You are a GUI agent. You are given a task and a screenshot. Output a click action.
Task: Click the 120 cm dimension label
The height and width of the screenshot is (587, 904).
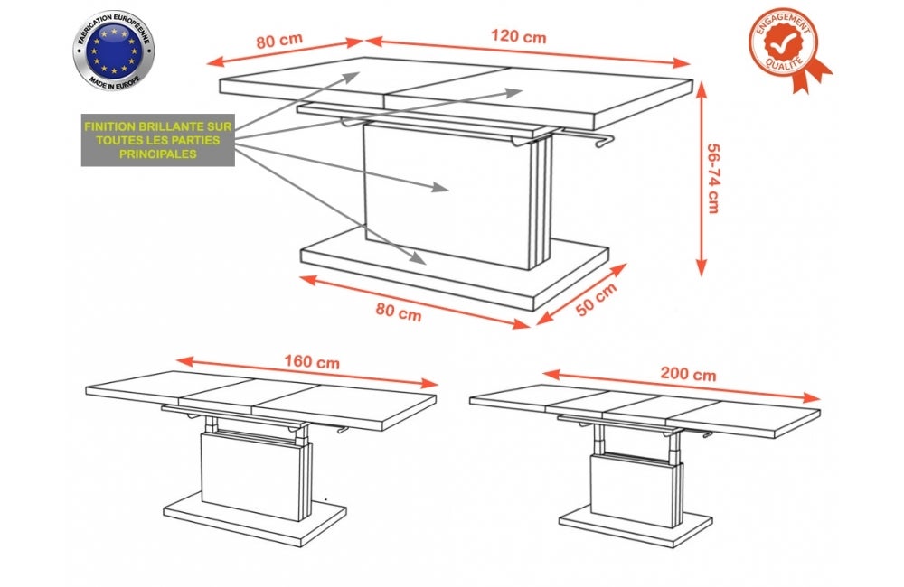click(520, 37)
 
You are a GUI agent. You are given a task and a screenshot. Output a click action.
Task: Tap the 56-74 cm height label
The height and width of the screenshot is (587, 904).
click(713, 180)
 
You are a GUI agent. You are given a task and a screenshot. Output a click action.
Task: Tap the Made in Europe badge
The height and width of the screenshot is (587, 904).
click(113, 51)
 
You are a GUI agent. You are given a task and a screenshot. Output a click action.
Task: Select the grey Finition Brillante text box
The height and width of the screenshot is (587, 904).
click(157, 141)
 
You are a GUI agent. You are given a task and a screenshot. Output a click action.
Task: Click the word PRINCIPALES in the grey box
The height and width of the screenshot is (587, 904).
click(157, 155)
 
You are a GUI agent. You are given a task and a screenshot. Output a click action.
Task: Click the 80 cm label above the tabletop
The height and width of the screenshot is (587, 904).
click(278, 41)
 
